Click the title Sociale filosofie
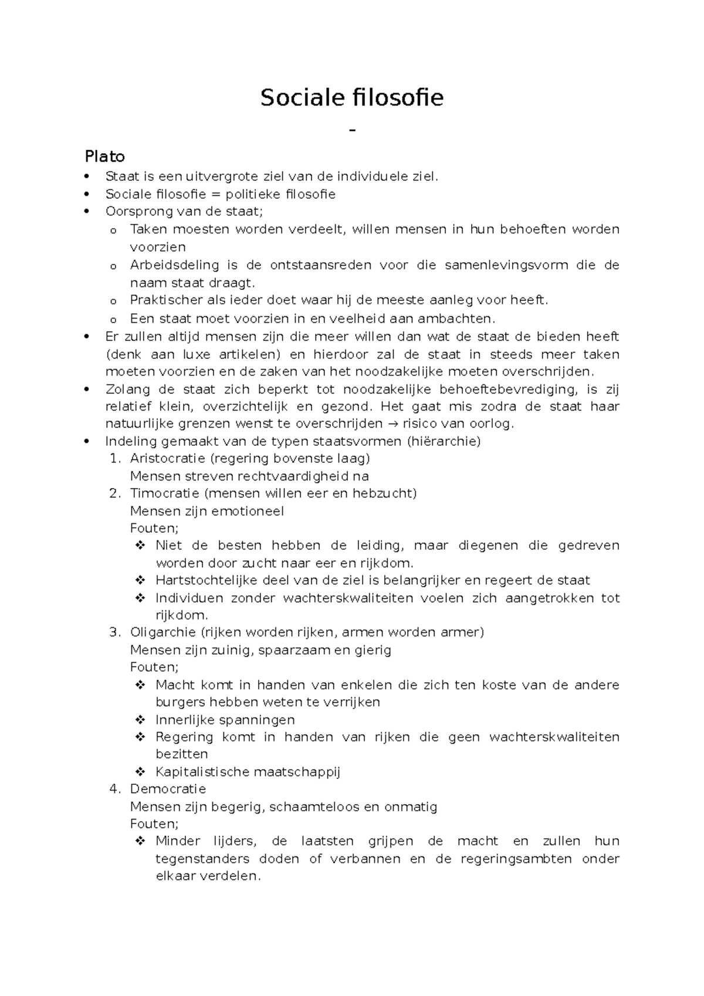[352, 98]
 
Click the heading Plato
[104, 157]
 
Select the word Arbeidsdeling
[166, 265]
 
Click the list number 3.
[114, 632]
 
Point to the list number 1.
[114, 458]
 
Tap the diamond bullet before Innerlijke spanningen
[140, 720]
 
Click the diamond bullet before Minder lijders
[140, 841]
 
